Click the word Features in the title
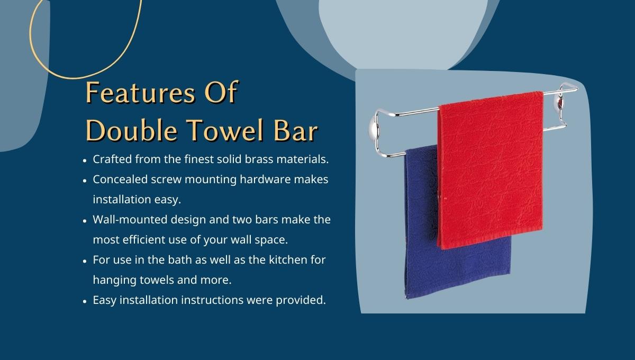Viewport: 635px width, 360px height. pos(141,93)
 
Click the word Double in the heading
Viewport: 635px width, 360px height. pos(132,130)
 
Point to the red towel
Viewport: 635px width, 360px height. pos(491,170)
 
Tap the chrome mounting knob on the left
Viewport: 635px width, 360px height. pos(374,129)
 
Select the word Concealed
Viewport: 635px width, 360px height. pos(120,179)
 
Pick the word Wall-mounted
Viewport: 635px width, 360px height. pos(130,220)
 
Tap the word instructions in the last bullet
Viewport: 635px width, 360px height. pos(212,300)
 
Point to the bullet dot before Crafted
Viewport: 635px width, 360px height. pos(85,160)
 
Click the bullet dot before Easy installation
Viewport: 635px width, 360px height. pos(85,301)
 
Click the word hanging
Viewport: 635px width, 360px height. pos(115,280)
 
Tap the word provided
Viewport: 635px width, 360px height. pos(301,300)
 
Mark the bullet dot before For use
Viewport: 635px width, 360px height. pos(85,261)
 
